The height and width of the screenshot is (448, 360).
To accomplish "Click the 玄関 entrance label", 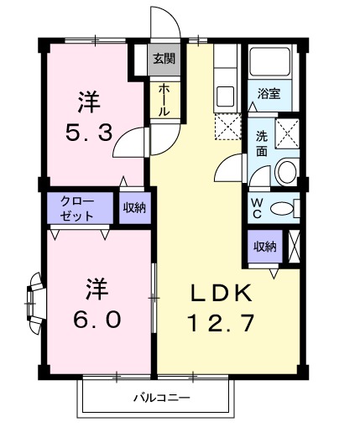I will [163, 59].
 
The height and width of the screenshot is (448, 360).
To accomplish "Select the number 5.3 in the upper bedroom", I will [89, 133].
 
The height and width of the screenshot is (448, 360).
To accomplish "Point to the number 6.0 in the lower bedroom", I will [93, 320].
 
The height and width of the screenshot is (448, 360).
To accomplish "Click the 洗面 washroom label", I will [262, 143].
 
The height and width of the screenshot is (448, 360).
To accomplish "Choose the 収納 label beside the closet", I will [133, 207].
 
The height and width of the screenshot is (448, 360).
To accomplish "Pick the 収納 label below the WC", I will [264, 246].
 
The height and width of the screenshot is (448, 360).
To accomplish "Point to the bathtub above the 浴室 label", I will [269, 64].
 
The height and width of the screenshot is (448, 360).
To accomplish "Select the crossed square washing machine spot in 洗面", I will [289, 133].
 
